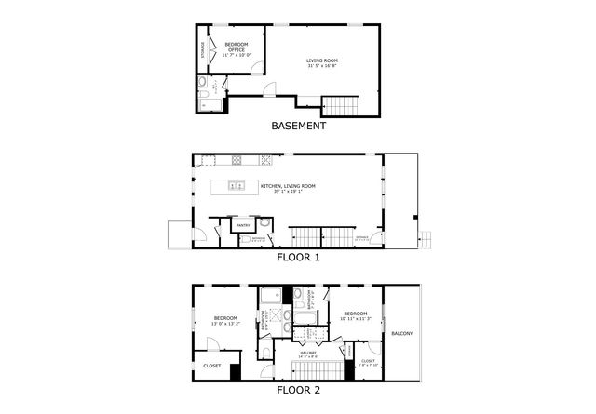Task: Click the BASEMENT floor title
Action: point(298,126)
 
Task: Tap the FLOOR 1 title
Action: point(298,257)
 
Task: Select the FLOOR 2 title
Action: point(298,390)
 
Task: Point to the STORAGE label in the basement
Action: point(203,51)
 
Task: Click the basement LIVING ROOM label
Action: point(323,64)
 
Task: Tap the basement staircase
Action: point(334,104)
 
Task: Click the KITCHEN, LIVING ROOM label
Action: point(288,189)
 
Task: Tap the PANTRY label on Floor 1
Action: point(242,225)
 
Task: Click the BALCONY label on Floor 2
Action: point(401,333)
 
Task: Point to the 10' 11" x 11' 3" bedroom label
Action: point(355,316)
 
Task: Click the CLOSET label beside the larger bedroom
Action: point(211,366)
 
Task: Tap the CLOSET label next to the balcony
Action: point(368,362)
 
